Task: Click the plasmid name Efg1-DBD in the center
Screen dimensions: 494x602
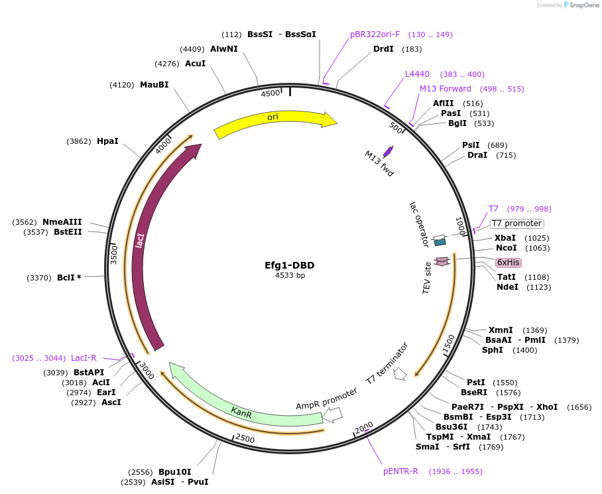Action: point(290,265)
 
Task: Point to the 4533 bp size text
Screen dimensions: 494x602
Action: point(290,276)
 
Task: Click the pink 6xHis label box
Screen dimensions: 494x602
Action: point(508,262)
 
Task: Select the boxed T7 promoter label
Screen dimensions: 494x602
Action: point(517,223)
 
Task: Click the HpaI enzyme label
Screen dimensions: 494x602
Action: point(107,141)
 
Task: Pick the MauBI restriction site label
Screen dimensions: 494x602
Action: point(154,84)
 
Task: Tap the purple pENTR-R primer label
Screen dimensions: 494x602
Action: point(400,471)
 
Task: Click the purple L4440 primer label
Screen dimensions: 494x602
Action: point(417,74)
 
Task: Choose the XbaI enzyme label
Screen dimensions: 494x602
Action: point(505,237)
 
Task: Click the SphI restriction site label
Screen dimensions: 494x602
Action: point(492,349)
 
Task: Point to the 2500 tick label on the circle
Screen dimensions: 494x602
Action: point(245,439)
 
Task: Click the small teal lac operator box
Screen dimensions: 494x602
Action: point(440,243)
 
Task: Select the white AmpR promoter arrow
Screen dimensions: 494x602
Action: point(333,414)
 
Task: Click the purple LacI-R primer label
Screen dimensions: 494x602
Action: point(84,358)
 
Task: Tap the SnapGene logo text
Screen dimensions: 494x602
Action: point(581,5)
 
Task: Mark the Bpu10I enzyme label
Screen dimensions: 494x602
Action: point(174,471)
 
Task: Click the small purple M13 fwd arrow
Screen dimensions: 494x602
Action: point(389,151)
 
